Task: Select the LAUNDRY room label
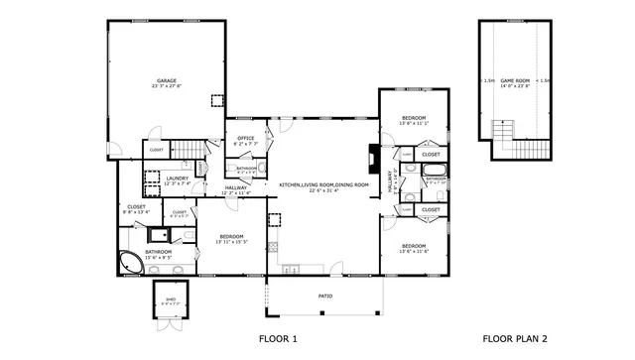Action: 178,178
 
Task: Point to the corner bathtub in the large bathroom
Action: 130,264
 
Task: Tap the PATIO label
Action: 324,296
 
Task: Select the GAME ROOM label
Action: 515,80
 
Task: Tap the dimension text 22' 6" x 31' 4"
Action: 323,191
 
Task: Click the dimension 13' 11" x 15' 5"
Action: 231,242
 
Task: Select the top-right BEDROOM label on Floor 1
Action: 413,118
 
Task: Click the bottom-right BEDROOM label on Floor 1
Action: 413,245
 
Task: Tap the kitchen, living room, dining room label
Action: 323,184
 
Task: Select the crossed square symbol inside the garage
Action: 216,100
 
